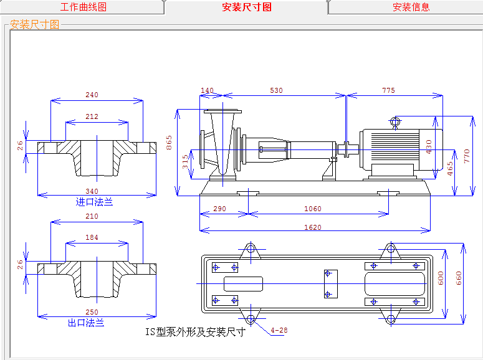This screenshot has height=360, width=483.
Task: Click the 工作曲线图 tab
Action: [83, 7]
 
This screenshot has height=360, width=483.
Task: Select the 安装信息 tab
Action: [411, 7]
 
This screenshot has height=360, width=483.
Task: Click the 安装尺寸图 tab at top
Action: [247, 7]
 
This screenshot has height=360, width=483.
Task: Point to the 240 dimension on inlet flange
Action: [92, 95]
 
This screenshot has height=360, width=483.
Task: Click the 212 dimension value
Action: [92, 116]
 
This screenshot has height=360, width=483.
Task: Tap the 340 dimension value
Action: [92, 191]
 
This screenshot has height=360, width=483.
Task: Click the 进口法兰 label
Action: [94, 202]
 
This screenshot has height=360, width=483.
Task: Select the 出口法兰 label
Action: [86, 323]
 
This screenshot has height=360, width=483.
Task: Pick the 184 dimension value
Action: [92, 237]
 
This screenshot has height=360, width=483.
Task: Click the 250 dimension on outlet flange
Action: [92, 312]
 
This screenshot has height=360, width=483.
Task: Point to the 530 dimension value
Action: [276, 91]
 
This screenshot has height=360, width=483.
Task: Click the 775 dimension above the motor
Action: [388, 91]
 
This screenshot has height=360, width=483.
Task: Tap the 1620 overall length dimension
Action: [313, 227]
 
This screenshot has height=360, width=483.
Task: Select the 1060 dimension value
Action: [313, 209]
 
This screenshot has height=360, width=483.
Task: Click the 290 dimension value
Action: [219, 209]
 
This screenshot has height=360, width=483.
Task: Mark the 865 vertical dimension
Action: [170, 143]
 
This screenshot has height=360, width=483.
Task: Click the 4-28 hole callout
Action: [279, 330]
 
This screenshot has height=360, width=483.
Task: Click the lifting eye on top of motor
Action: [395, 122]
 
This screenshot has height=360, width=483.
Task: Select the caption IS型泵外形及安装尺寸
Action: [195, 332]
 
